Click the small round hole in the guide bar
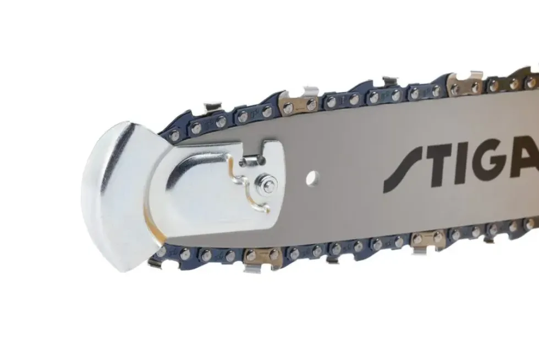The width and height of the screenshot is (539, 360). pos(312,178)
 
